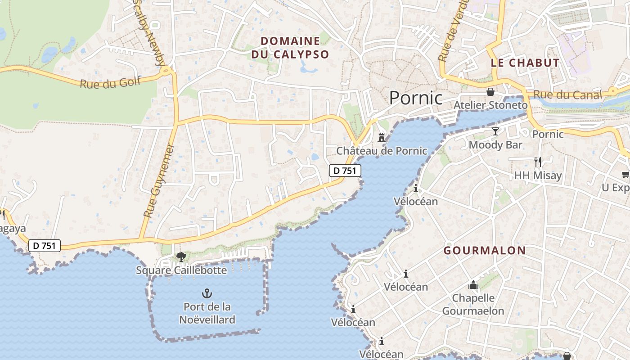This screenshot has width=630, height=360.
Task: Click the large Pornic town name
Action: click(416, 98)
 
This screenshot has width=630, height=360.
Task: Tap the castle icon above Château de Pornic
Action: click(382, 138)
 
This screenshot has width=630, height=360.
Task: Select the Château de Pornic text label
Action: click(382, 151)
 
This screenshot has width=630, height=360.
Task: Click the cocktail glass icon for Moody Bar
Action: click(495, 131)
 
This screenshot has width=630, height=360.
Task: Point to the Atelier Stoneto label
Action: click(490, 105)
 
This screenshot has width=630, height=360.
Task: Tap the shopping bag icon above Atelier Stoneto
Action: click(490, 92)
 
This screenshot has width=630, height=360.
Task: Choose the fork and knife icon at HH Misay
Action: click(537, 162)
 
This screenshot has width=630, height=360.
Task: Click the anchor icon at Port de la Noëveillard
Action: click(207, 294)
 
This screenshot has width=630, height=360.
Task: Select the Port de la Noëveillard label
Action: click(207, 313)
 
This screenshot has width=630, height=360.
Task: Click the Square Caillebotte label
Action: click(181, 270)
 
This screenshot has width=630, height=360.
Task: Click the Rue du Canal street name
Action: click(567, 95)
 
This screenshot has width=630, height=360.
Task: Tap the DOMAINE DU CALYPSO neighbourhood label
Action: click(290, 48)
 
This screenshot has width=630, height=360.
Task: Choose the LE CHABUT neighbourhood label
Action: click(525, 63)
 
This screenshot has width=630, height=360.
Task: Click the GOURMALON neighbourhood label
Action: click(485, 251)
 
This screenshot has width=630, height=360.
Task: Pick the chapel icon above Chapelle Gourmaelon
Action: click(473, 285)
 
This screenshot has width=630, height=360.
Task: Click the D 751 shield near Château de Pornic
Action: click(345, 171)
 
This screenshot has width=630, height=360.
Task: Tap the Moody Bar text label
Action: click(495, 145)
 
